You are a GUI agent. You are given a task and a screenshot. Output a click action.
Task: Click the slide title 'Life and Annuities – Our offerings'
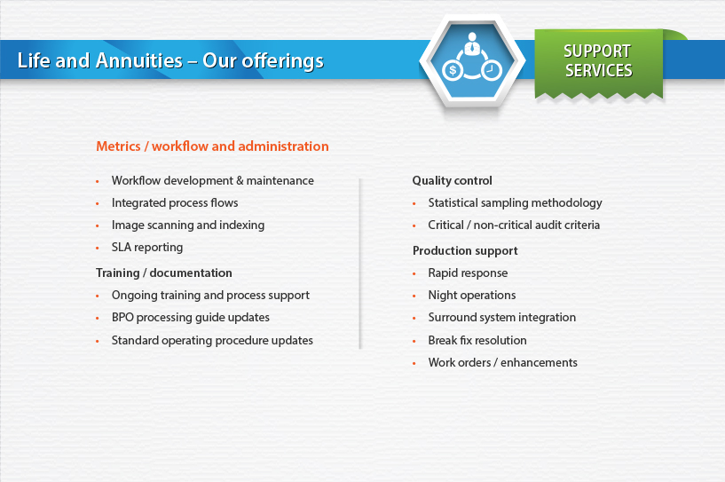click(170, 60)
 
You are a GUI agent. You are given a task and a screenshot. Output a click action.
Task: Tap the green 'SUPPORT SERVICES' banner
click(599, 63)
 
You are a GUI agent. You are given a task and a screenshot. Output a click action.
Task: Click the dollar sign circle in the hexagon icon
click(453, 70)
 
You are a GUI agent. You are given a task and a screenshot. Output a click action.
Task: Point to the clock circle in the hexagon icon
click(492, 70)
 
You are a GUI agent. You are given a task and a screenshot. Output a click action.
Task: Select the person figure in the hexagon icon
click(471, 44)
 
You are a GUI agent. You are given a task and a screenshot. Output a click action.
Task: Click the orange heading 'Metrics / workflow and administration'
click(212, 146)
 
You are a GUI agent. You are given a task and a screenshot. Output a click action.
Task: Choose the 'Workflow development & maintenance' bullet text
click(213, 180)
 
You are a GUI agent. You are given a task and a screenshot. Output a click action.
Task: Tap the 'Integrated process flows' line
click(175, 202)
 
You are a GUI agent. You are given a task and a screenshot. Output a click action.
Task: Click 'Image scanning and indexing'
click(188, 225)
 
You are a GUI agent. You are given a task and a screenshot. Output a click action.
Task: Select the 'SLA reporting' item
click(147, 247)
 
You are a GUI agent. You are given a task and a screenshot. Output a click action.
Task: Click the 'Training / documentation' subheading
click(163, 273)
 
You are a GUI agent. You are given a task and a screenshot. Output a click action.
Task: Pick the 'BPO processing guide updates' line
click(191, 317)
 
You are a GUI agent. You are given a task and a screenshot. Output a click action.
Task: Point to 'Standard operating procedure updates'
click(212, 341)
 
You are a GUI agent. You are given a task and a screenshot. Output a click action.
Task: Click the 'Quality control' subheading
click(453, 180)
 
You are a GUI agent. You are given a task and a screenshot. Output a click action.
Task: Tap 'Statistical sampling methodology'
click(515, 202)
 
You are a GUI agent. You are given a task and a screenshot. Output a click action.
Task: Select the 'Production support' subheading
click(465, 250)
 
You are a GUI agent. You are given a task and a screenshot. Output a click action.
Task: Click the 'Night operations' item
click(472, 295)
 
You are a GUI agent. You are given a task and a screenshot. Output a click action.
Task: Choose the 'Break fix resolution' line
click(477, 341)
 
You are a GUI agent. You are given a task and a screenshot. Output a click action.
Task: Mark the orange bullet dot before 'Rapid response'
click(414, 273)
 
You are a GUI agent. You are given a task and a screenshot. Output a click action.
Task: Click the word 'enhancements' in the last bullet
click(539, 363)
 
